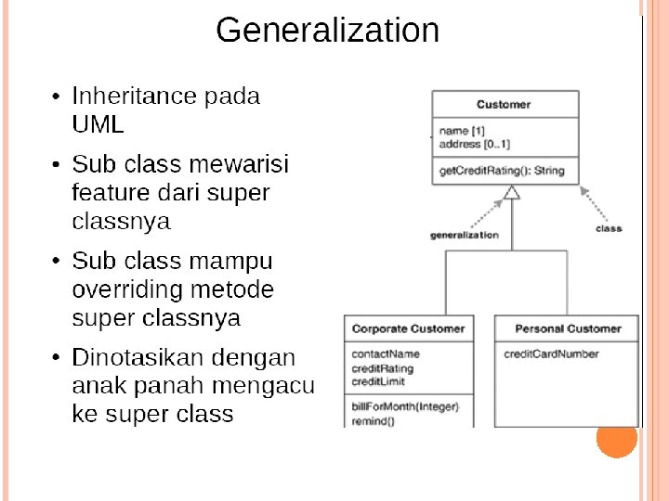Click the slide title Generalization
point(327,31)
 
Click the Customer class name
point(504,105)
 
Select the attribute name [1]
point(462,132)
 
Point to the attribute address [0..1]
point(474,145)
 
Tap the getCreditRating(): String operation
point(502,171)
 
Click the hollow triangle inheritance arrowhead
point(510,193)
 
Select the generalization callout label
point(465,236)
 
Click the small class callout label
point(609,228)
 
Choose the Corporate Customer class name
point(408,328)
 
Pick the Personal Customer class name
point(568,328)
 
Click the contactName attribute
point(386,353)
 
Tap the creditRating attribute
point(383,368)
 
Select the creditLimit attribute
point(378,381)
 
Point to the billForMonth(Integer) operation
point(405,407)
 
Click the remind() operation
point(373,421)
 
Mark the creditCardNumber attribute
point(551,353)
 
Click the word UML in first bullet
point(98,124)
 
